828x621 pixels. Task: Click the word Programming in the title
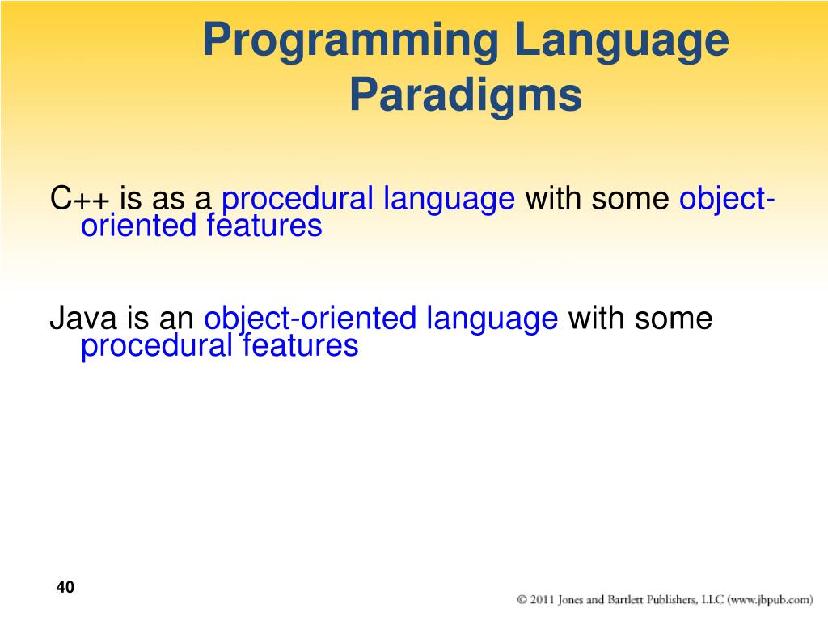click(351, 42)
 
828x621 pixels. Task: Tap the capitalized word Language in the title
click(622, 42)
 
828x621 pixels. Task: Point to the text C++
click(80, 199)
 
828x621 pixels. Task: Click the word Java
click(83, 318)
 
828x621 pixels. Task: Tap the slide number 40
click(65, 587)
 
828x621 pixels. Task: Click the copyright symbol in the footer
click(522, 599)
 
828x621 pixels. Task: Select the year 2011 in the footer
click(542, 599)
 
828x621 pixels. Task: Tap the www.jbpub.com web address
click(770, 600)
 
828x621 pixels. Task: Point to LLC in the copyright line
click(712, 599)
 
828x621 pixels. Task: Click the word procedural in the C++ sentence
click(298, 199)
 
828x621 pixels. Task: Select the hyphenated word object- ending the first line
click(727, 199)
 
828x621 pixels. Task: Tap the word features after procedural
click(301, 345)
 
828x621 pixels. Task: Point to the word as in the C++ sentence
click(168, 201)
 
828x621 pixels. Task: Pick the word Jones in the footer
click(571, 600)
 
